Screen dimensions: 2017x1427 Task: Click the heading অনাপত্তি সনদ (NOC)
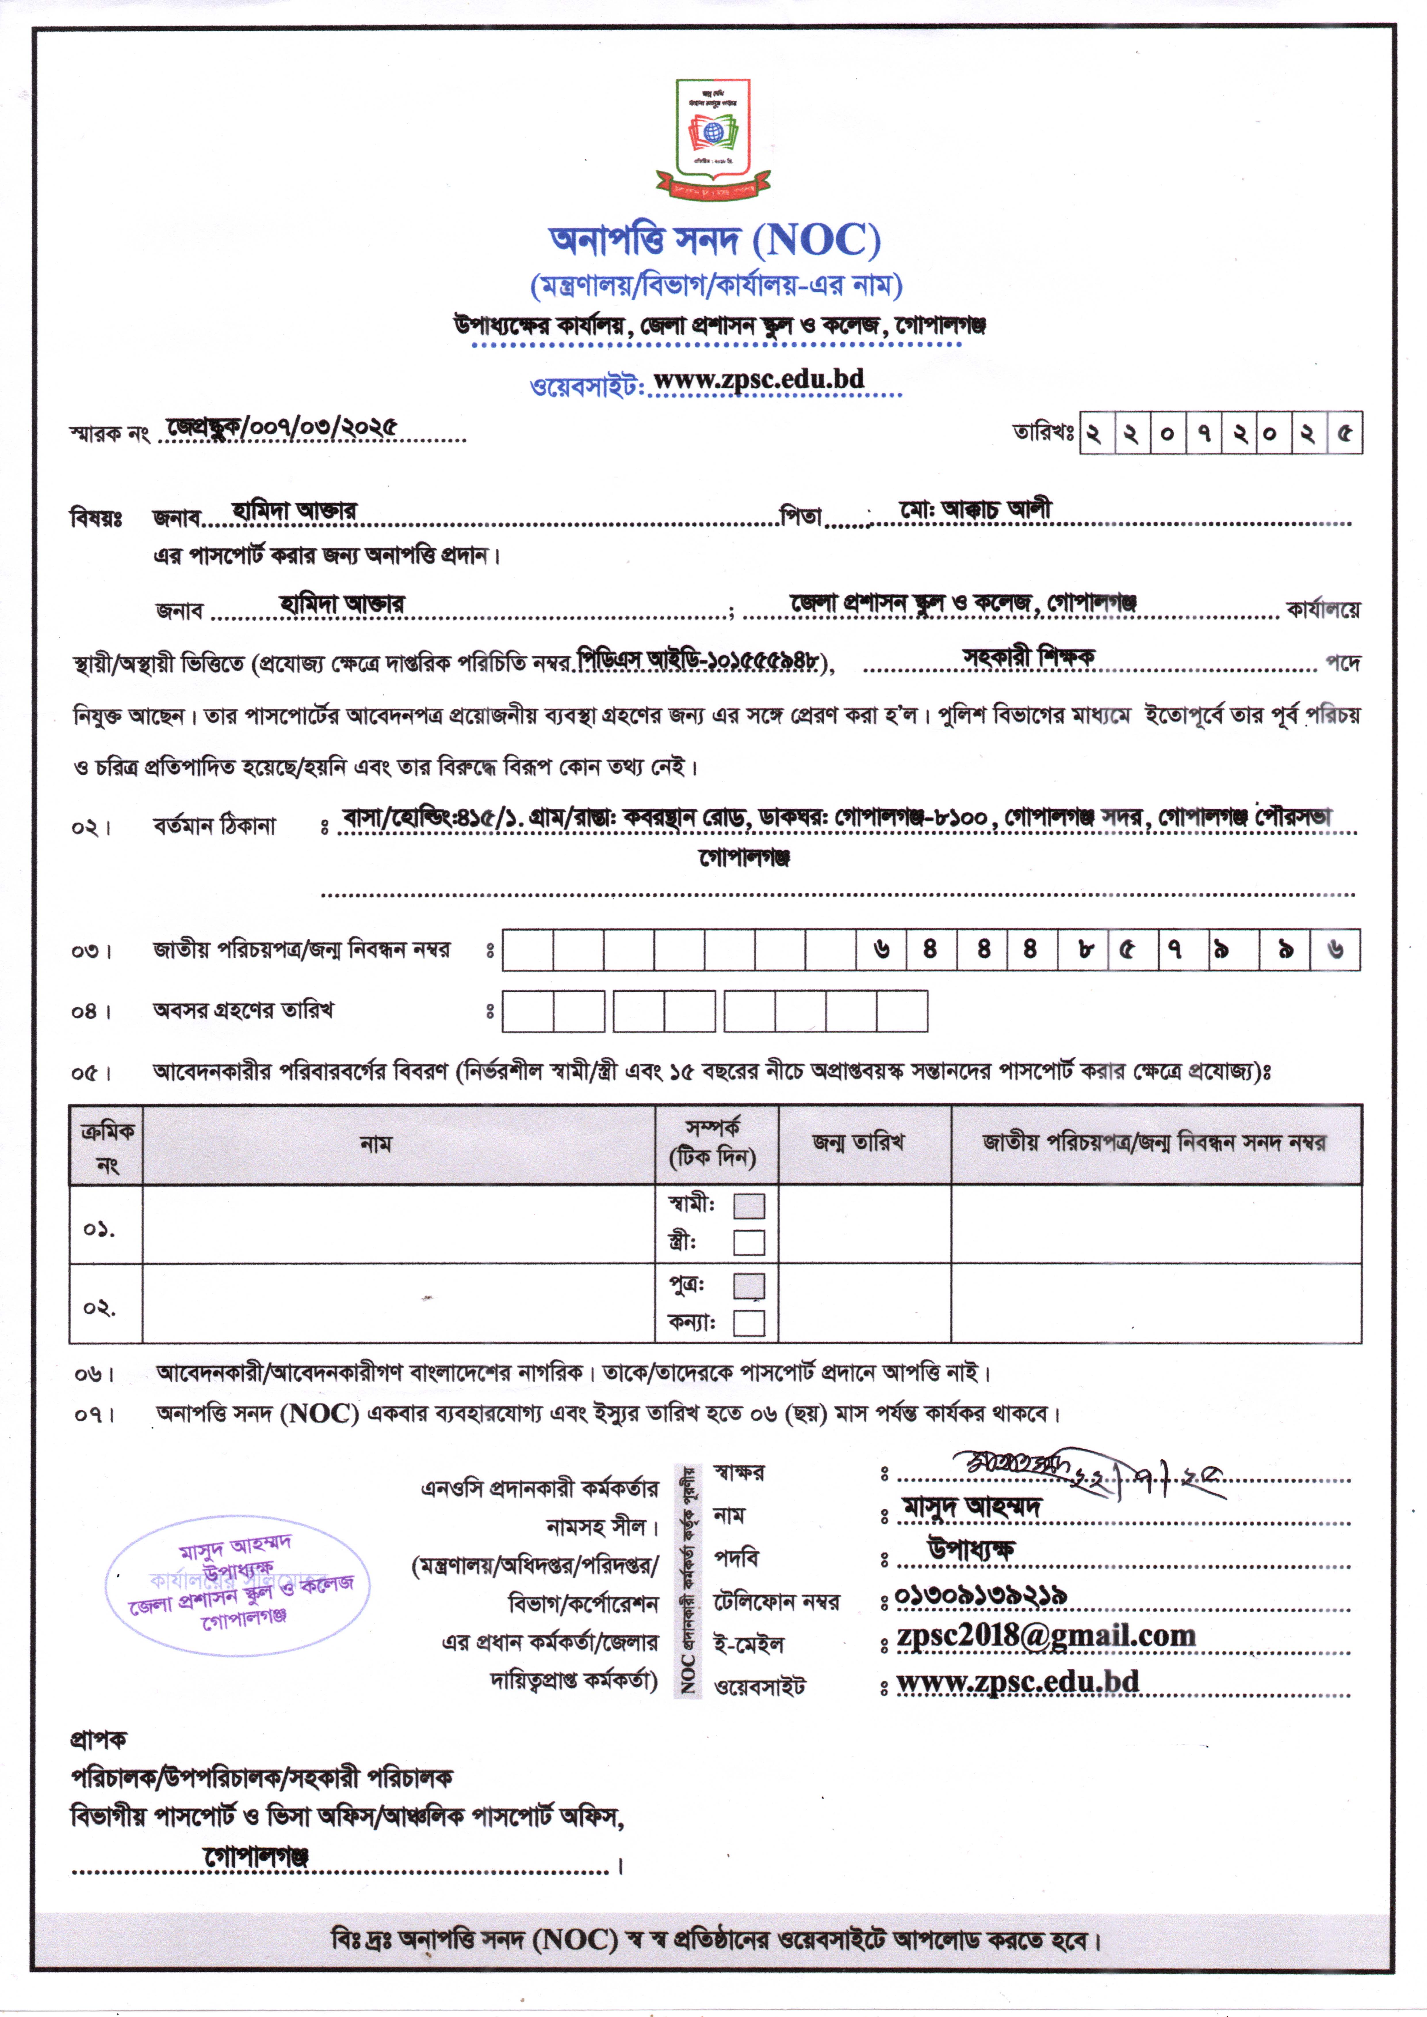(714, 240)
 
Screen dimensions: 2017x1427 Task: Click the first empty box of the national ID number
(527, 950)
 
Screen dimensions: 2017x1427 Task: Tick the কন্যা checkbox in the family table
(749, 1323)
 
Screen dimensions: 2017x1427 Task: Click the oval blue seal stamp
(237, 1586)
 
